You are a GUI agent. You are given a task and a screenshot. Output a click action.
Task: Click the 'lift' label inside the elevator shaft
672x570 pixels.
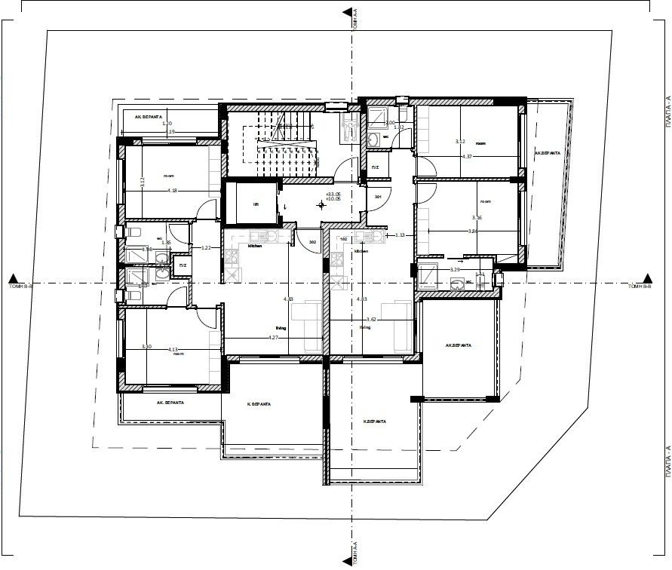point(256,204)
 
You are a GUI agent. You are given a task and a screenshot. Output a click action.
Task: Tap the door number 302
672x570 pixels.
point(312,241)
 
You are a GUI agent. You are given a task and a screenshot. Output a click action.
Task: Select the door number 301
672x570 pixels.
point(378,198)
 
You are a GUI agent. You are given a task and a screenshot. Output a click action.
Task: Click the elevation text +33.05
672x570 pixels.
point(332,194)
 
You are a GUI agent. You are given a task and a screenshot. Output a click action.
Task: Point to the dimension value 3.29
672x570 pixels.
point(455,269)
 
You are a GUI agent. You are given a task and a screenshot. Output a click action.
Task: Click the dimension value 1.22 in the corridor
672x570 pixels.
point(206,248)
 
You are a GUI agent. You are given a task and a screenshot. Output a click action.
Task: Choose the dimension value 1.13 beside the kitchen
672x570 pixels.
point(400,236)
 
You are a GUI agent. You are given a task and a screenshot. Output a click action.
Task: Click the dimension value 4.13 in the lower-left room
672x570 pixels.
point(173,350)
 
